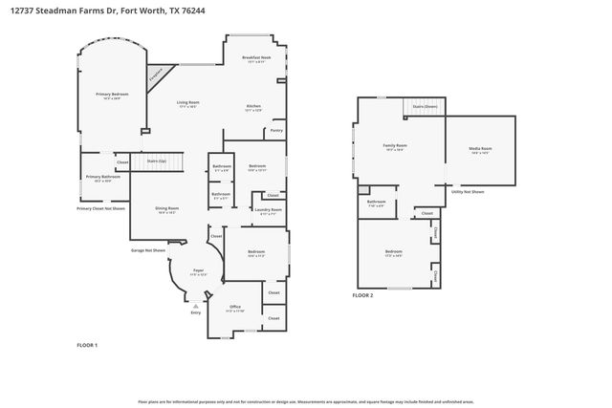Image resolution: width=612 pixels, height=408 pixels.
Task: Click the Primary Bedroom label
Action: pyautogui.click(x=112, y=95)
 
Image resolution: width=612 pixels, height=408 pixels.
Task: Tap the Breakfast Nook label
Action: pyautogui.click(x=255, y=59)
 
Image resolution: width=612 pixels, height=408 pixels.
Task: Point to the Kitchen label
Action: pyautogui.click(x=253, y=107)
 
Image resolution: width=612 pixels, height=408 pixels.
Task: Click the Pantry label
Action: pyautogui.click(x=276, y=130)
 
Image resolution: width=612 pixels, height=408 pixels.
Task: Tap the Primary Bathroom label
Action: pyautogui.click(x=102, y=178)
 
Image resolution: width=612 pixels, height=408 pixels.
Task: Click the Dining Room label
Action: pyautogui.click(x=168, y=209)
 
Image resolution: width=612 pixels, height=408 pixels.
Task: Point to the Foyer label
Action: pyautogui.click(x=199, y=271)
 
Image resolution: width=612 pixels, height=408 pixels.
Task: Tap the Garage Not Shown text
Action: pyautogui.click(x=148, y=250)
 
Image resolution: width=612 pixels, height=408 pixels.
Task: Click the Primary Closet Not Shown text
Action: pyautogui.click(x=101, y=208)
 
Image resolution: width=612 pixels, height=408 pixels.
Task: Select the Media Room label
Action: pyautogui.click(x=480, y=150)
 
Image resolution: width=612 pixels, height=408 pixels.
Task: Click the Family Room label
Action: pyautogui.click(x=394, y=146)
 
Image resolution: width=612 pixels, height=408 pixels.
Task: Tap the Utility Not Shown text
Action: pyautogui.click(x=468, y=192)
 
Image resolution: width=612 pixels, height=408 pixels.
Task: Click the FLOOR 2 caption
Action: pyautogui.click(x=362, y=296)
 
